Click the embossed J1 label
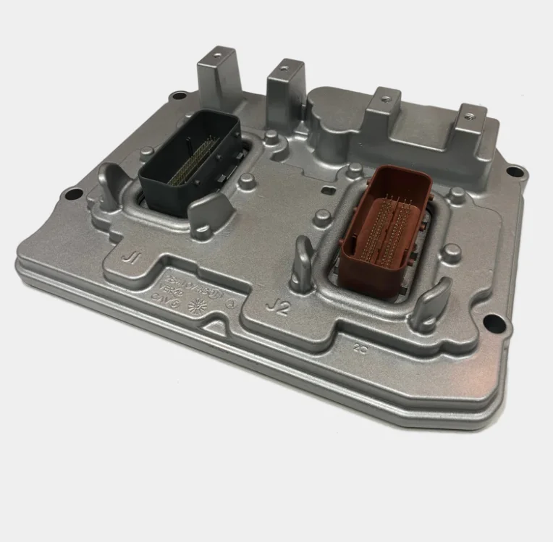pos(132,256)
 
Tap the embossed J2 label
pos(277,307)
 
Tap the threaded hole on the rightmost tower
pos(471,113)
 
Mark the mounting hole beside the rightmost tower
pos(515,172)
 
